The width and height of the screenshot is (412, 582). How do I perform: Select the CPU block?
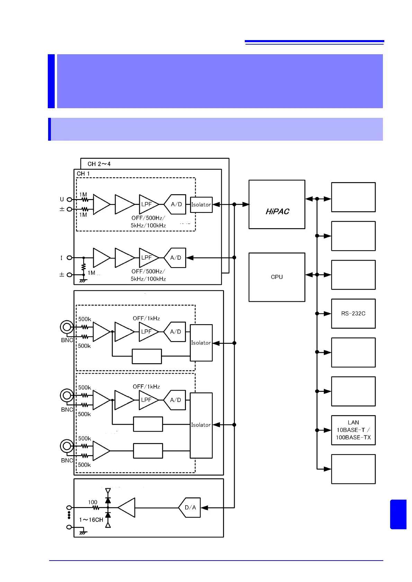tap(277, 277)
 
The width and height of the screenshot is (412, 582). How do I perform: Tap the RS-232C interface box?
tap(353, 313)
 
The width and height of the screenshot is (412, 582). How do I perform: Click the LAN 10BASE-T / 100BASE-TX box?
tap(353, 430)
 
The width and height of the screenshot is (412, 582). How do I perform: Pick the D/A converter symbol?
tap(190, 507)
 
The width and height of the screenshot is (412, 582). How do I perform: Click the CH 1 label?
tap(83, 173)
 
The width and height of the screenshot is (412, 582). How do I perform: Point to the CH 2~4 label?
tap(99, 164)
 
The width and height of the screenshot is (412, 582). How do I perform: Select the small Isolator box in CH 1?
tap(201, 205)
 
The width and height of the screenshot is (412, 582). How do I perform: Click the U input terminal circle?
tap(69, 199)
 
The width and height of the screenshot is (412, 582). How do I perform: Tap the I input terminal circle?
tap(69, 257)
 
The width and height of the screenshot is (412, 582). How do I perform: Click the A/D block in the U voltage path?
tap(176, 204)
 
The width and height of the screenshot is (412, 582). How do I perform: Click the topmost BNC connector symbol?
tap(66, 327)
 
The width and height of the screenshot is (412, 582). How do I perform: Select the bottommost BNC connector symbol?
tap(66, 446)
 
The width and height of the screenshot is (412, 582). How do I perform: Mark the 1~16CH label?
tap(91, 520)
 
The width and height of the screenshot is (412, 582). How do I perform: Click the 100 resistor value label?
tap(92, 502)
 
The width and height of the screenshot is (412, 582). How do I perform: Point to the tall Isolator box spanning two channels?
tap(201, 425)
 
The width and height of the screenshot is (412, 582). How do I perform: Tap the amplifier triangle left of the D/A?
tap(127, 507)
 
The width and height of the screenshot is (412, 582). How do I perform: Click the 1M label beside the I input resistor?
tap(91, 273)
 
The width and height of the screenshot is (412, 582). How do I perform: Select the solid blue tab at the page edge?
tap(398, 514)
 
